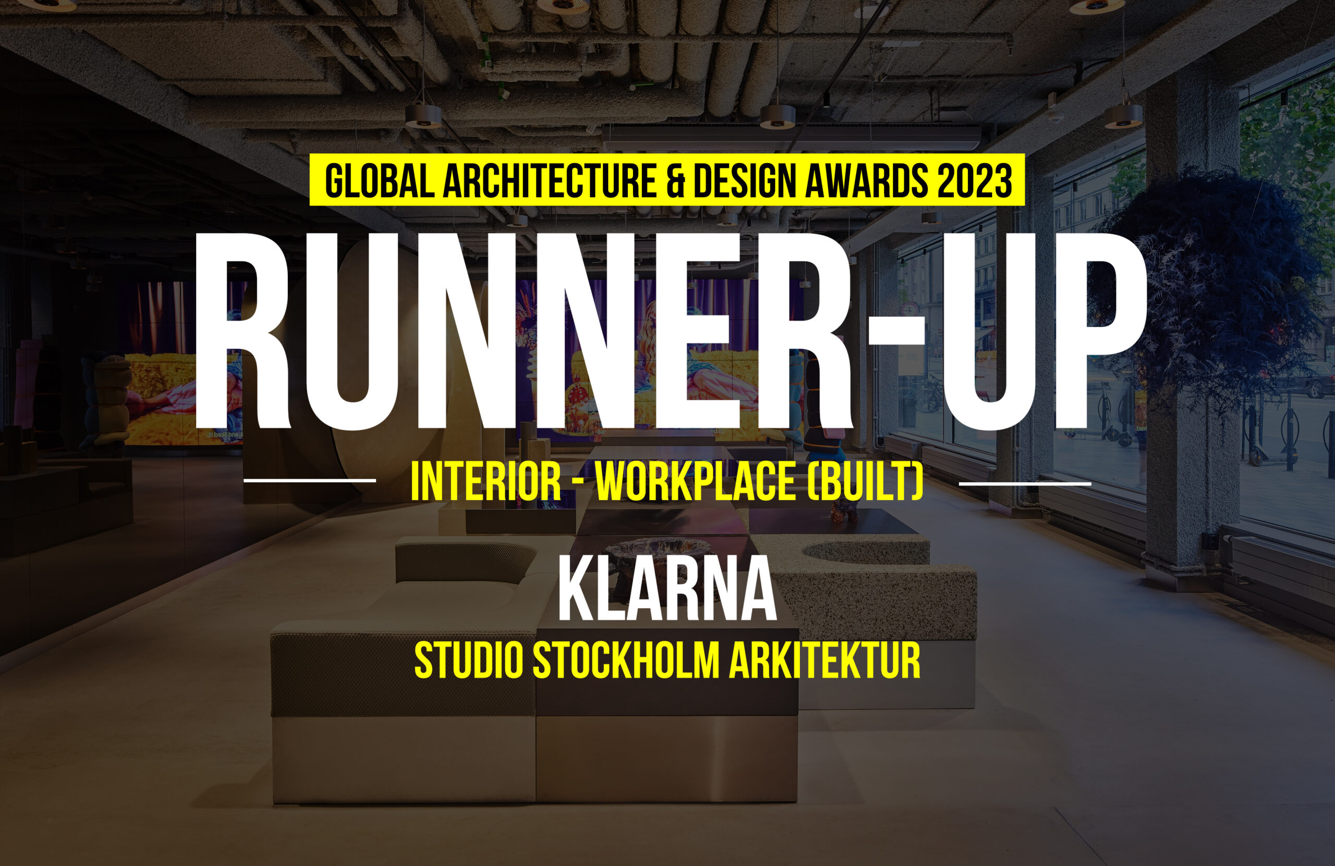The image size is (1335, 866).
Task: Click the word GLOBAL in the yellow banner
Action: [380, 180]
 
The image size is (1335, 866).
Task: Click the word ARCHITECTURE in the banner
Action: [550, 180]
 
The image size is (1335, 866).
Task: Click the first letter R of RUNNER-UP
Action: [243, 331]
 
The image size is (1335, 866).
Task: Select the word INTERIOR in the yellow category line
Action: [486, 482]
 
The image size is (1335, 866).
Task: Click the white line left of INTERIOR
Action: [310, 480]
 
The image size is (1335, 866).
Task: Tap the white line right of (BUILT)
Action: [1025, 483]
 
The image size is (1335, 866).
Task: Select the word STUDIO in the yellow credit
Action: [468, 661]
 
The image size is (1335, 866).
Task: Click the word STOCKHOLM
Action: [625, 661]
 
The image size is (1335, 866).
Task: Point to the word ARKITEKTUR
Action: [824, 661]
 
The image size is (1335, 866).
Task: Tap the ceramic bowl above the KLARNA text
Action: [656, 553]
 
